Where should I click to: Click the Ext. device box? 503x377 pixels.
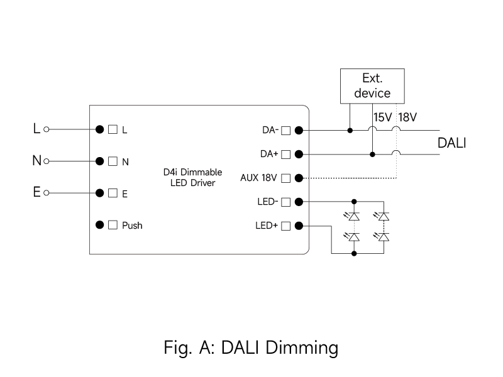pos(372,86)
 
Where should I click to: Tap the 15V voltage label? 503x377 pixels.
pos(382,117)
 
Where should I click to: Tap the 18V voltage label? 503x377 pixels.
pos(408,117)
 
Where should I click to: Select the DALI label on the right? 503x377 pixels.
pos(451,143)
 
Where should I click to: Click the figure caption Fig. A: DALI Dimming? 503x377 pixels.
pos(251,347)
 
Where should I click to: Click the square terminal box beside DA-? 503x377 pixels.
pos(285,131)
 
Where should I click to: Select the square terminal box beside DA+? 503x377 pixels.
pos(285,154)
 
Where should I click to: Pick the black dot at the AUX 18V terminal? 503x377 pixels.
pos(299,178)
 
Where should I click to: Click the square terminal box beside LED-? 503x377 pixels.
pos(285,202)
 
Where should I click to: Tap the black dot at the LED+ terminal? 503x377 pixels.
pos(299,226)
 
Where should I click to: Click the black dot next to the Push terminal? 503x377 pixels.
pos(99,225)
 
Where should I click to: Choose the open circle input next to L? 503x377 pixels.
pos(47,130)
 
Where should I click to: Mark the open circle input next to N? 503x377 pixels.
pos(47,161)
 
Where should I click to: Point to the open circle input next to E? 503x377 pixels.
pos(47,193)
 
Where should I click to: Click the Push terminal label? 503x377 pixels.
pos(132,226)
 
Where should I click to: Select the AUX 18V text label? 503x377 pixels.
pos(258,178)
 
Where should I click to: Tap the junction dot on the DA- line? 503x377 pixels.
pos(350,131)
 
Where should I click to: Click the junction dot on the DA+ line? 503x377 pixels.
pos(372,154)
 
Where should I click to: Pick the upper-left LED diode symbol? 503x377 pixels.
pos(354,216)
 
